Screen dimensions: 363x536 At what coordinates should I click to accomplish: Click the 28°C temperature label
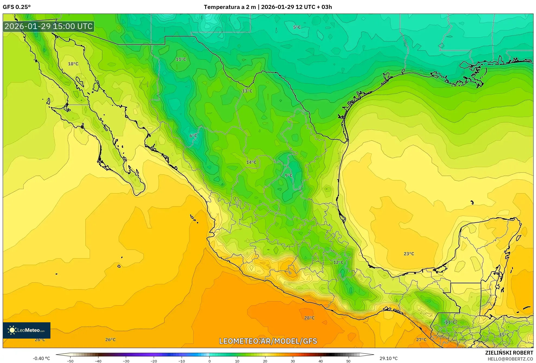pyautogui.click(x=309, y=318)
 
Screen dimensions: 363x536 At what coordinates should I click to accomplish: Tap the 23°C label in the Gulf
pyautogui.click(x=409, y=254)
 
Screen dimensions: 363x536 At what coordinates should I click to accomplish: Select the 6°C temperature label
pyautogui.click(x=193, y=136)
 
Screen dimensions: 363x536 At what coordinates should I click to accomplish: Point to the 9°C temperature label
pyautogui.click(x=288, y=176)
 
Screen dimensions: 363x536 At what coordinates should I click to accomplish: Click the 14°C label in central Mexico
pyautogui.click(x=251, y=162)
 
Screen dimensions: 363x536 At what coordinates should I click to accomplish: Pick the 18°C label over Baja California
pyautogui.click(x=73, y=64)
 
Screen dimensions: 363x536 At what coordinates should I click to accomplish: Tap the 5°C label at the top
pyautogui.click(x=297, y=27)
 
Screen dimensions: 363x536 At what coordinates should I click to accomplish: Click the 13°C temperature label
pyautogui.click(x=247, y=91)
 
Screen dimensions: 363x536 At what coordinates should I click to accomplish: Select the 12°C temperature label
pyautogui.click(x=338, y=262)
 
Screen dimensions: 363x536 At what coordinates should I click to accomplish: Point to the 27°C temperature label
pyautogui.click(x=421, y=340)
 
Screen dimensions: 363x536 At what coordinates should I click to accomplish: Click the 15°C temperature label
pyautogui.click(x=504, y=335)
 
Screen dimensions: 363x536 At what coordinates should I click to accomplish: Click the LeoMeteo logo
pyautogui.click(x=27, y=330)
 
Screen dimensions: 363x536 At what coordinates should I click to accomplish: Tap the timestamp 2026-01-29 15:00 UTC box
pyautogui.click(x=49, y=26)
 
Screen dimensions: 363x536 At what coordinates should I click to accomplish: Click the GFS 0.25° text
pyautogui.click(x=17, y=7)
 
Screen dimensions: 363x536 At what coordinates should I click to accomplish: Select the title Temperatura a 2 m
pyautogui.click(x=230, y=7)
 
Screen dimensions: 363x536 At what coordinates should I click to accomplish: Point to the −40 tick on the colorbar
pyautogui.click(x=98, y=361)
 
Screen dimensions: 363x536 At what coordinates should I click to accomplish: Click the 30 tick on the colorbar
pyautogui.click(x=293, y=361)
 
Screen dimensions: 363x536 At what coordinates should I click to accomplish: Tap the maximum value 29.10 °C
pyautogui.click(x=388, y=358)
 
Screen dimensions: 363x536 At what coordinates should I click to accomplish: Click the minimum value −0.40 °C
pyautogui.click(x=41, y=358)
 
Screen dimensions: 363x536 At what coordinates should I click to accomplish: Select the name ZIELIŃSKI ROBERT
pyautogui.click(x=509, y=353)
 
